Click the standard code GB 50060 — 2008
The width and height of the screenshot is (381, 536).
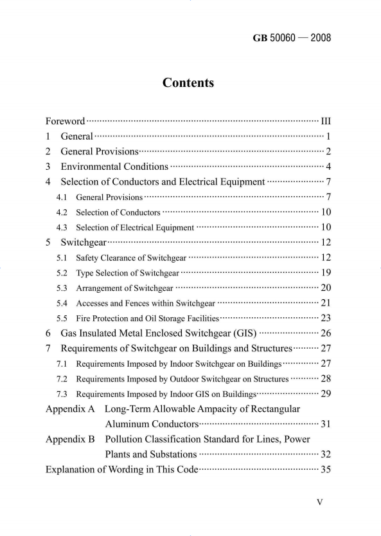(x=292, y=38)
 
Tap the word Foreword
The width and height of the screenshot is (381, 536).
(x=65, y=120)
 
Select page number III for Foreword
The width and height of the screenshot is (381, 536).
(x=325, y=120)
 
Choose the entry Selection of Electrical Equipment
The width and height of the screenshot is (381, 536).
(x=135, y=227)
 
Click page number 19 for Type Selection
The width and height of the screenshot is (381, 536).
(x=324, y=273)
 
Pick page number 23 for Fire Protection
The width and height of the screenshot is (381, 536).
(x=324, y=318)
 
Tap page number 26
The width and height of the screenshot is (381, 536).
(x=324, y=333)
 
